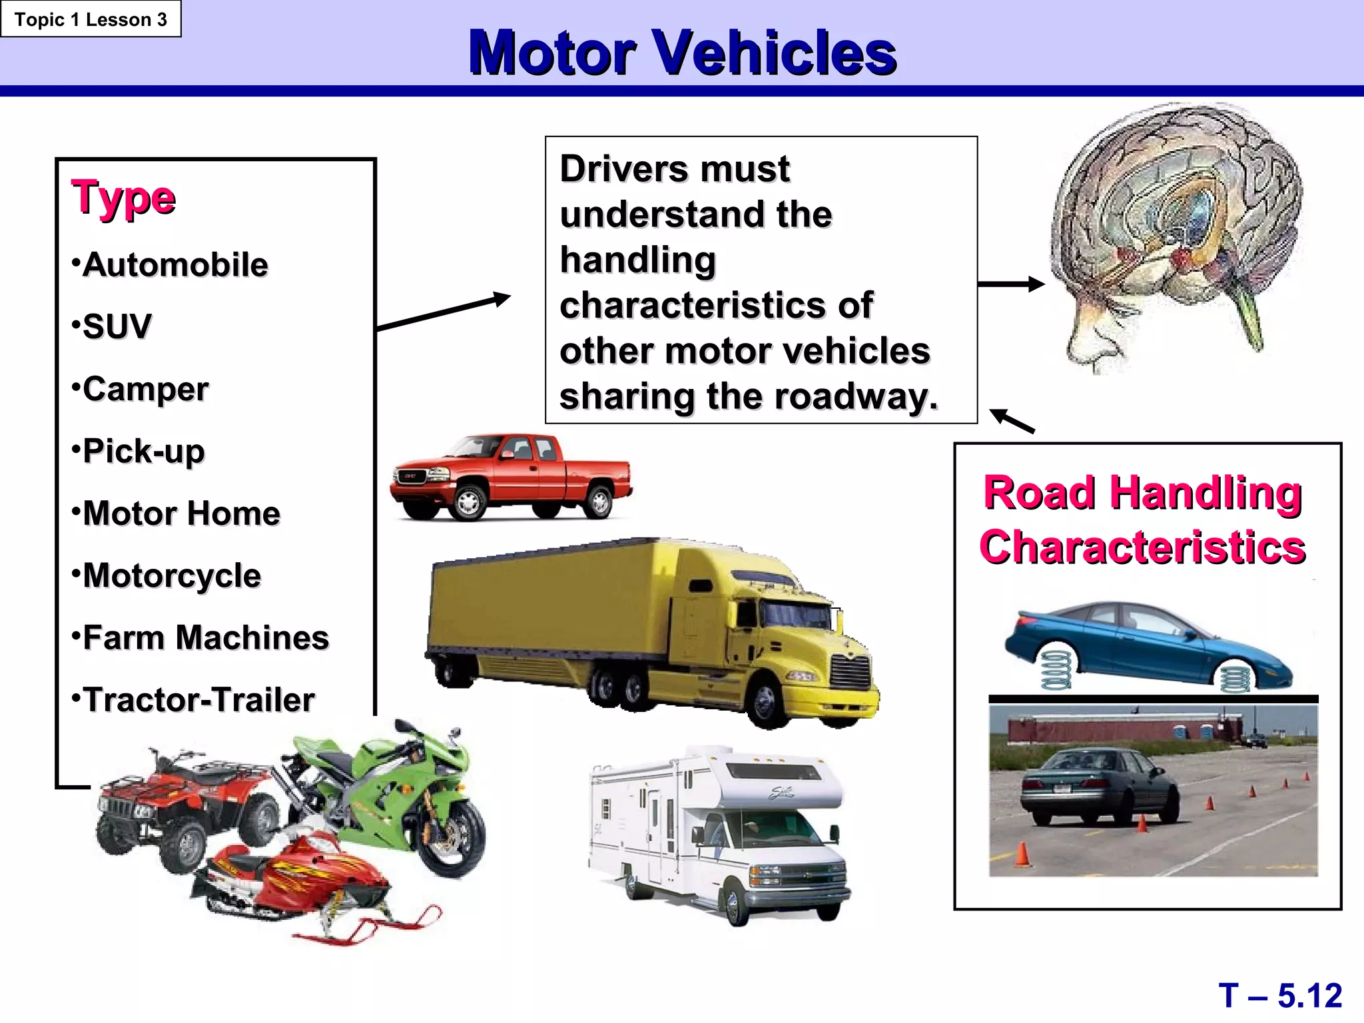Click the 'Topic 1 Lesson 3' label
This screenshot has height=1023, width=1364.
pos(91,19)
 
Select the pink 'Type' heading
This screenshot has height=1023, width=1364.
pos(123,198)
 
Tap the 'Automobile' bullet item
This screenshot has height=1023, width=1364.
pos(174,265)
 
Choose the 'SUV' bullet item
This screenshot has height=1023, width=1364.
pos(117,327)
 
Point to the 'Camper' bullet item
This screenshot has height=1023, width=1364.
pos(145,389)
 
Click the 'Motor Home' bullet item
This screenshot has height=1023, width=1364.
pos(181,513)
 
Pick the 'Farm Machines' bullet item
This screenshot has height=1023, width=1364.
pos(205,638)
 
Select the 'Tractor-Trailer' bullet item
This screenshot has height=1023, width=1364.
pos(198,700)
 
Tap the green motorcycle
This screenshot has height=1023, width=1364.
pos(400,793)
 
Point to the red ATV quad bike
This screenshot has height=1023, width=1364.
pos(180,806)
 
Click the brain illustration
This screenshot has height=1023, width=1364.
pos(1176,233)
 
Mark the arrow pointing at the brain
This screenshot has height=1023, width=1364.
pos(1010,284)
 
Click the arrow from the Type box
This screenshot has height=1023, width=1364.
pos(443,312)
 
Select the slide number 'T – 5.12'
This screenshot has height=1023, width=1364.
pos(1280,996)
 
